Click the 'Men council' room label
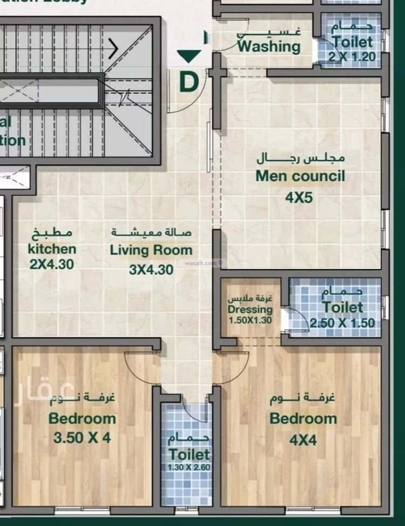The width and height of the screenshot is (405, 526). (x=300, y=176)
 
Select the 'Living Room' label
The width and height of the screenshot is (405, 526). (x=151, y=250)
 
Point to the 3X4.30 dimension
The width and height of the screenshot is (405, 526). (x=151, y=269)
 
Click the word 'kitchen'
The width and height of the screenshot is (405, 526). (x=52, y=249)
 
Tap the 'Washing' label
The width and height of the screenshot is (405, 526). (x=269, y=46)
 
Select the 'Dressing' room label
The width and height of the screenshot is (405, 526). (x=249, y=310)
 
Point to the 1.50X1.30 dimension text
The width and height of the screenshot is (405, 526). (x=249, y=320)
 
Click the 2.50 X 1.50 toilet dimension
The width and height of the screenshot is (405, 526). (x=342, y=323)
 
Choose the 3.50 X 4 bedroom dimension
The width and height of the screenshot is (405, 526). (x=82, y=437)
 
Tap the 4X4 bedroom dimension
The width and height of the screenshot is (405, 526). (x=303, y=440)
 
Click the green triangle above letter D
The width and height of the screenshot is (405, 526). (x=189, y=56)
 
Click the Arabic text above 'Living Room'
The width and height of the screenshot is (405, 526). (x=152, y=233)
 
